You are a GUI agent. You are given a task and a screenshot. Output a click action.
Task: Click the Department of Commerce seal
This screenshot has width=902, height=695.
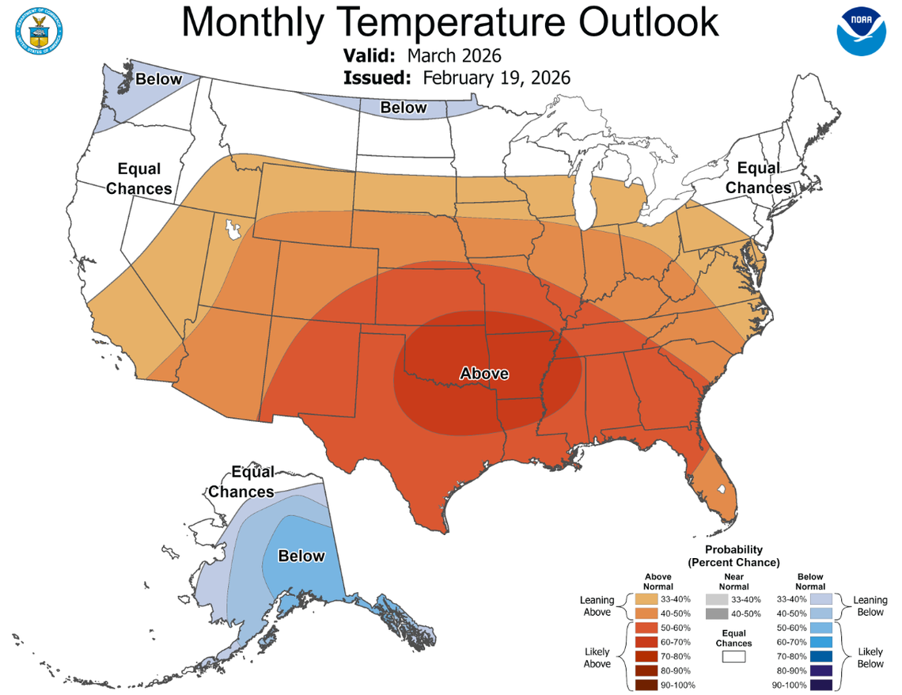tap(37, 29)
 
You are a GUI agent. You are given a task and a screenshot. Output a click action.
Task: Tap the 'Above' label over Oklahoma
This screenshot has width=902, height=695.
tap(484, 373)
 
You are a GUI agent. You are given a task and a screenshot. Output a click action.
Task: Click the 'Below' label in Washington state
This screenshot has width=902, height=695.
tap(158, 79)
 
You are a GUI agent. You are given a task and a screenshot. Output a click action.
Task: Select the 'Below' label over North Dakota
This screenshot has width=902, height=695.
tap(404, 108)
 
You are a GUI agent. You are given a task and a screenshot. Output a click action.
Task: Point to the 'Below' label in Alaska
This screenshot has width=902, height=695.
tap(301, 556)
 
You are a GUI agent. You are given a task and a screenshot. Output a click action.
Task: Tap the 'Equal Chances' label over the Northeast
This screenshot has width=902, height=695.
tap(758, 178)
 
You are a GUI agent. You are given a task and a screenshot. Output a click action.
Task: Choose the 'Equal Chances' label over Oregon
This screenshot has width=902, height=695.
tap(138, 179)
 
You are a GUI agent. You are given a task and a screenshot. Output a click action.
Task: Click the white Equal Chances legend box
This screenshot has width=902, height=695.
tap(733, 656)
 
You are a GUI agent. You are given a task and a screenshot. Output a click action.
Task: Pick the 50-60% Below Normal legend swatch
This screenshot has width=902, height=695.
tap(821, 628)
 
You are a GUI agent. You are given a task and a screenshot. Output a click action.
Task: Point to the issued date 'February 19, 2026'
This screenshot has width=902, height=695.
tap(496, 78)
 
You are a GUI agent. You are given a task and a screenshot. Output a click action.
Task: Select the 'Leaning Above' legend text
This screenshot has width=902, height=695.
tap(597, 606)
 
